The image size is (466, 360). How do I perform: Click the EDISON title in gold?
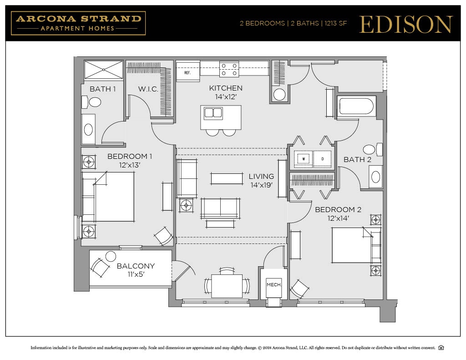pos(406,24)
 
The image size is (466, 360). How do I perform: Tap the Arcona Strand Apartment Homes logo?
pos(78,23)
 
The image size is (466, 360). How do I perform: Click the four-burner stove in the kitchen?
pos(229,69)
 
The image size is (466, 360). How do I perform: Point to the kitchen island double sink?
pos(213,112)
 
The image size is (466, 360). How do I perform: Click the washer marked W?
pos(303,159)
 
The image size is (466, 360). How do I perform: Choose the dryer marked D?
pos(323,159)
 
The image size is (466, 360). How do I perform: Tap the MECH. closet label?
pos(274,285)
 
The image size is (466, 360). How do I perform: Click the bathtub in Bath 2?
pos(356,107)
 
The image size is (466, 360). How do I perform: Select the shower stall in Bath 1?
pos(104,70)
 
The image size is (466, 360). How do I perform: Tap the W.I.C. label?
pos(148,89)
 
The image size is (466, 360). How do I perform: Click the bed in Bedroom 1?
pos(108,197)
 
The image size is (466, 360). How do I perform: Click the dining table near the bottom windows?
pos(227,286)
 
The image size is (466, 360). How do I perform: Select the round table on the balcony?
pos(111,256)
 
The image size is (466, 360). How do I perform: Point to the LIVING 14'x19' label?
pos(261,180)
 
